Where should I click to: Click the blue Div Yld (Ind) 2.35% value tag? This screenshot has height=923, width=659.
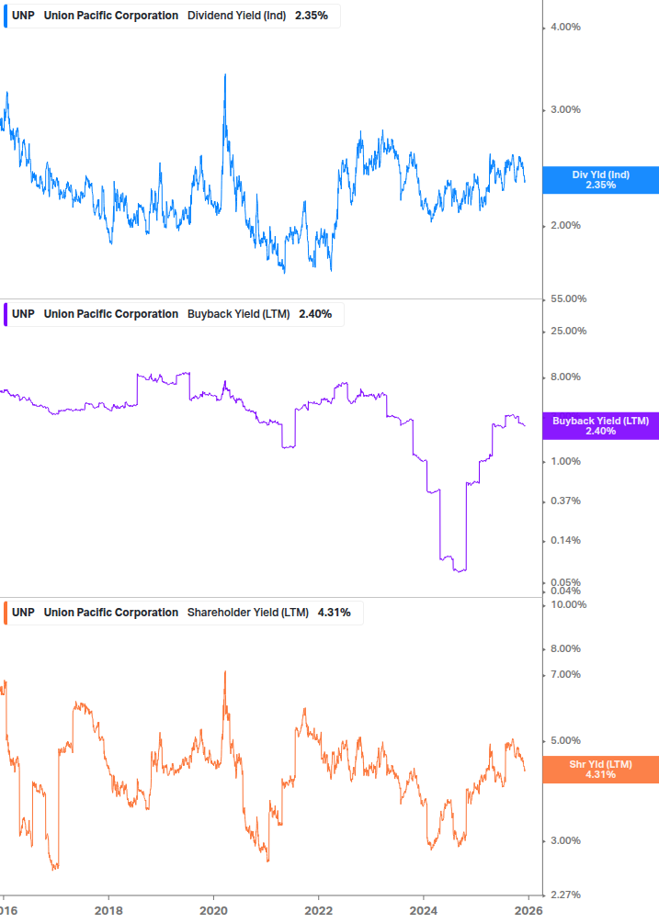pos(600,180)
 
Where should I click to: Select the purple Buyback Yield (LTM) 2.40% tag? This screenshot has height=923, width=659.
pos(600,426)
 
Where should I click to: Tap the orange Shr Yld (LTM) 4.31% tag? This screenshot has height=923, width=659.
pos(600,770)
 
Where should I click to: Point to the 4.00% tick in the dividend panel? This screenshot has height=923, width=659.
pos(565,28)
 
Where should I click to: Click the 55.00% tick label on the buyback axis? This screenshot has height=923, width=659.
pos(568,299)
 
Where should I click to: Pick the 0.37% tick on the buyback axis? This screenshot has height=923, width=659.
pos(565,501)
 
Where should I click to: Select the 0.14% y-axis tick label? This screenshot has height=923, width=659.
pos(565,540)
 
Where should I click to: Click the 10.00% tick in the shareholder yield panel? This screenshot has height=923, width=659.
pos(568,604)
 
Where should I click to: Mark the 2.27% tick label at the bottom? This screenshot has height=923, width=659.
pos(565,895)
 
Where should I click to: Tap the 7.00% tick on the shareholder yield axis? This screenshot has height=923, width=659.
pos(565,675)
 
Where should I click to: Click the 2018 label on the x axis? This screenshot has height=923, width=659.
pos(108,910)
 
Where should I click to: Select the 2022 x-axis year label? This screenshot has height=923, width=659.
pos(318,910)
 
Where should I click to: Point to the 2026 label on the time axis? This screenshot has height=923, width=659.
pos(528,910)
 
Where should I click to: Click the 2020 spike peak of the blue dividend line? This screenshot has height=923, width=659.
pos(225,75)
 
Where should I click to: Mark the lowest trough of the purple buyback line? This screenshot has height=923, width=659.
pos(460,570)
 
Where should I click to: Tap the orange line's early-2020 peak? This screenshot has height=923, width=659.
pos(225,672)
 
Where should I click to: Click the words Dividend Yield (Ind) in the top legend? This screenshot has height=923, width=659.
pos(237,16)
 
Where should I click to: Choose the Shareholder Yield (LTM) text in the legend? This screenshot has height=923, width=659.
pos(248,613)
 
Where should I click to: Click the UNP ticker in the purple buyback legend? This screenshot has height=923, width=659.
pos(23,314)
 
